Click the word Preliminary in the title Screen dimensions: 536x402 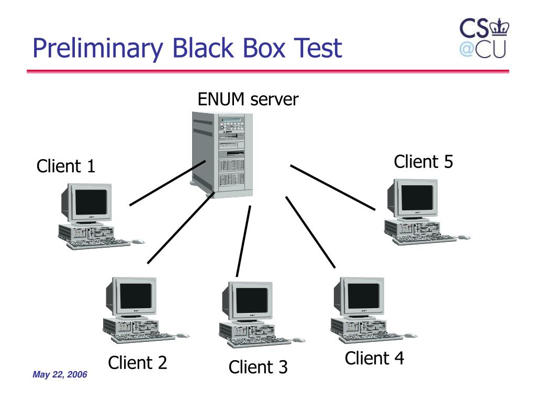[x=98, y=48]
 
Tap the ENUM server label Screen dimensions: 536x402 [x=248, y=99]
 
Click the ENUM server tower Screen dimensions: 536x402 [x=222, y=154]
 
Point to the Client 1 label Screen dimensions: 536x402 [x=65, y=166]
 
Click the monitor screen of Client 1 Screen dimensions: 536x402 [x=91, y=202]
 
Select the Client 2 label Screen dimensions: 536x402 [x=138, y=362]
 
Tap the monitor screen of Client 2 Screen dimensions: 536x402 [x=136, y=296]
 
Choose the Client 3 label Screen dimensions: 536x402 [x=258, y=367]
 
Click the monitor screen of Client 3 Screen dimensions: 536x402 [x=252, y=300]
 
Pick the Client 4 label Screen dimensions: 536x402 [x=374, y=358]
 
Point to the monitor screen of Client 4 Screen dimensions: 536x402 [x=363, y=296]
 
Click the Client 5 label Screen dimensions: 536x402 [x=423, y=161]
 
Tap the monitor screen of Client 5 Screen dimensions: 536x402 [x=417, y=197]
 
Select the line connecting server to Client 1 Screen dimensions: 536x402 [x=167, y=183]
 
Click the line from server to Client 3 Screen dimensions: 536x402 [x=243, y=241]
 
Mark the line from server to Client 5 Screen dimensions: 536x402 [x=332, y=187]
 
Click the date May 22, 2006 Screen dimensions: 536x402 [x=60, y=374]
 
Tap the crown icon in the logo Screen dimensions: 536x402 [x=499, y=27]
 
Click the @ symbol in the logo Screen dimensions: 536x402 [x=466, y=49]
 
